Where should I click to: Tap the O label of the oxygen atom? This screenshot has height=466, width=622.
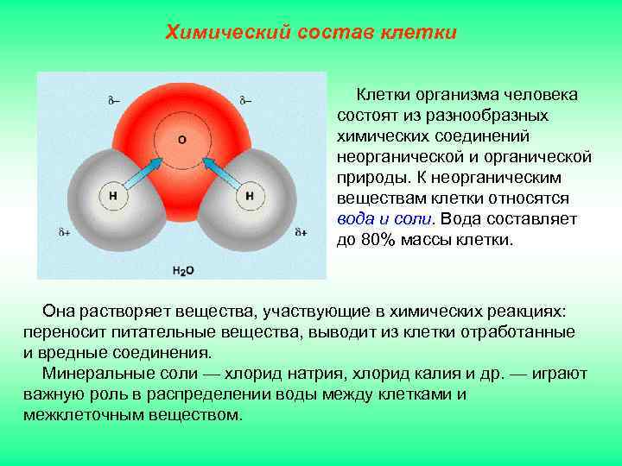click(181, 138)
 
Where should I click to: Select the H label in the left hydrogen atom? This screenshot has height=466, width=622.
click(113, 196)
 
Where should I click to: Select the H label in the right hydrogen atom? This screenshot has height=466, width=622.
click(249, 196)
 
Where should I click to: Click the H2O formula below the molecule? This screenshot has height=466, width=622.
click(183, 270)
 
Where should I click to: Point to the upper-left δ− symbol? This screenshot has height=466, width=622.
click(114, 100)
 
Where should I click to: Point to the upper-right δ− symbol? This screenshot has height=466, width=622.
click(245, 100)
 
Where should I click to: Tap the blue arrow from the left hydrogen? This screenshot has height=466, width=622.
click(143, 168)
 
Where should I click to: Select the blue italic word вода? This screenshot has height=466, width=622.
click(354, 219)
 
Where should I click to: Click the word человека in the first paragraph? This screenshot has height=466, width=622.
click(539, 95)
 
